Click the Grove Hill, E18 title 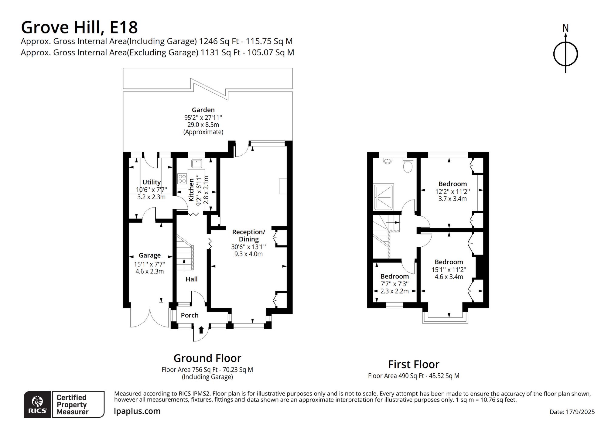(79, 27)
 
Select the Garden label (203, 110)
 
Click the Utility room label (152, 182)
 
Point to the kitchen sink (197, 163)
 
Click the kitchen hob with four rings (182, 179)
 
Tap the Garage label (150, 255)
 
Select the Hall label (192, 279)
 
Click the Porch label (190, 315)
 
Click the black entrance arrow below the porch (201, 330)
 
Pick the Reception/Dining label (249, 235)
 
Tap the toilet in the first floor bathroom (408, 165)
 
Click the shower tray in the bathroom (384, 197)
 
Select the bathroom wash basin (387, 160)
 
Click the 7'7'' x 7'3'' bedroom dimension (395, 284)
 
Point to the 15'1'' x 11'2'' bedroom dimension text (449, 270)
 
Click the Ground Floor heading (207, 358)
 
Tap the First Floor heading (414, 364)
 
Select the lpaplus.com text (137, 411)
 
